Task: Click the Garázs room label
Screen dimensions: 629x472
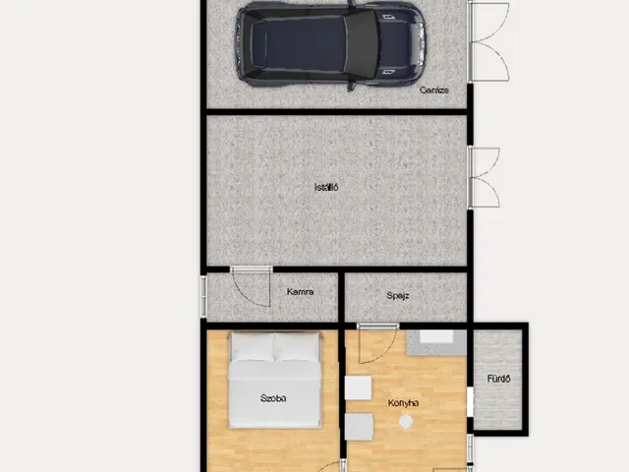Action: tap(433, 89)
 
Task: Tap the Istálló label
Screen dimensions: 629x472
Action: tap(326, 187)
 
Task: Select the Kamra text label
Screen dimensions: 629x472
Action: tap(300, 292)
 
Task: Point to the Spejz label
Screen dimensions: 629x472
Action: tap(397, 296)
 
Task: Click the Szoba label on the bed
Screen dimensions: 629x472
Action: tap(273, 398)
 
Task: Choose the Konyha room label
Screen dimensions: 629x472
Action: tap(403, 403)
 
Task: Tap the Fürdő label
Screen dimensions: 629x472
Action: tap(498, 379)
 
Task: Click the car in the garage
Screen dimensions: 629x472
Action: tap(330, 44)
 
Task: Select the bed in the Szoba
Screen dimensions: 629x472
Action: tap(275, 381)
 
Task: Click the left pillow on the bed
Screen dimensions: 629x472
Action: tap(253, 346)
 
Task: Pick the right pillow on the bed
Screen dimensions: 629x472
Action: tap(297, 347)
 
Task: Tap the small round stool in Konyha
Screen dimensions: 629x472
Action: tap(406, 422)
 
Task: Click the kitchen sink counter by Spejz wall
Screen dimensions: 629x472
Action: tap(436, 342)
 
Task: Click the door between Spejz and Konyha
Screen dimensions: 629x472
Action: tap(377, 343)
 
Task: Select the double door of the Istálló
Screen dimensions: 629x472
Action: tap(484, 177)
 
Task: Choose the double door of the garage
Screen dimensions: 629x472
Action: tap(488, 41)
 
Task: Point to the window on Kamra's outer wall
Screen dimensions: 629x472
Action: tap(203, 296)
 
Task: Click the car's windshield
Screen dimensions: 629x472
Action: tap(363, 44)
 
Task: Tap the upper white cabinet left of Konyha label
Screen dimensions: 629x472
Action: tap(358, 387)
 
